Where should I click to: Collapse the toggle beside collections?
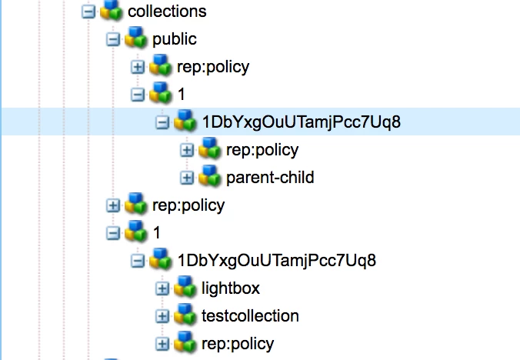(88, 12)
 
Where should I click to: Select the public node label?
(175, 39)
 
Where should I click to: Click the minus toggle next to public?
(113, 39)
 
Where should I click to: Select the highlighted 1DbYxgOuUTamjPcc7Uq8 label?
(301, 122)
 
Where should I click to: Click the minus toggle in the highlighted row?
(162, 122)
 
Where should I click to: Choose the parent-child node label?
(270, 178)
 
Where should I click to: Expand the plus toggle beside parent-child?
(187, 178)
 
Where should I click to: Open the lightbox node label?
(230, 288)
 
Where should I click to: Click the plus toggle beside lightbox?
(162, 288)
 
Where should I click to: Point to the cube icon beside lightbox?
(185, 288)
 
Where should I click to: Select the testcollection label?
(250, 315)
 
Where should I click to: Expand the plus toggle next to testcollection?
(162, 316)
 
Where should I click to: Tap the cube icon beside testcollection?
(185, 315)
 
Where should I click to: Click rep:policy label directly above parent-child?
(262, 149)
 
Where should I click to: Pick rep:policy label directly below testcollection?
(237, 343)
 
